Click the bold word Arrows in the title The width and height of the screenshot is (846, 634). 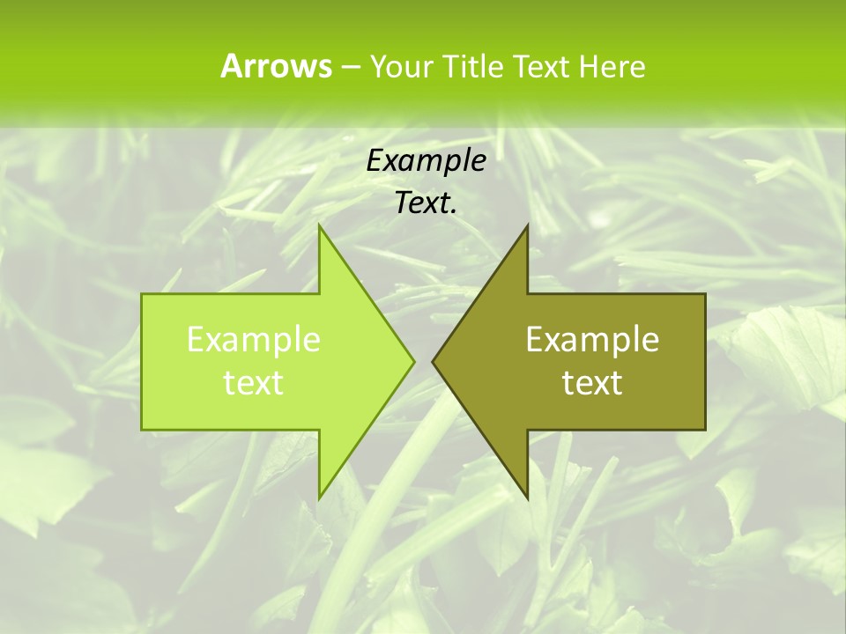click(275, 66)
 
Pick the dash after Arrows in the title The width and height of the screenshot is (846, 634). click(350, 67)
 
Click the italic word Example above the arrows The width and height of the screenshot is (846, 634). click(426, 161)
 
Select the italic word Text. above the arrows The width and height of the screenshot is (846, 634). click(426, 203)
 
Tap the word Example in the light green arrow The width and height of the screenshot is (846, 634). click(253, 340)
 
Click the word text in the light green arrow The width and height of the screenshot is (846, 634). click(253, 382)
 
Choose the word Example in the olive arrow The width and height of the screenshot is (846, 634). click(592, 340)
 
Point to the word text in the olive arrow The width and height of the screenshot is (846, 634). click(592, 382)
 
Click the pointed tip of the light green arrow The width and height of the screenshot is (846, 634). click(413, 361)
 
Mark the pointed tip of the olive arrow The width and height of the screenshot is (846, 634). click(433, 361)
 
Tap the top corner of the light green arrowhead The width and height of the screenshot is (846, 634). click(320, 225)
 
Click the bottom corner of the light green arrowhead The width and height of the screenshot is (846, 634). click(320, 498)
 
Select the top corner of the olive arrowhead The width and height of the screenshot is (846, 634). click(527, 225)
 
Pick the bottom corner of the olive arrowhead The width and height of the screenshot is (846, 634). click(527, 498)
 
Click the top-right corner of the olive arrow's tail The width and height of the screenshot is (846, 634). click(705, 294)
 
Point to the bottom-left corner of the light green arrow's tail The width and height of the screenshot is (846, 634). click(142, 430)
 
